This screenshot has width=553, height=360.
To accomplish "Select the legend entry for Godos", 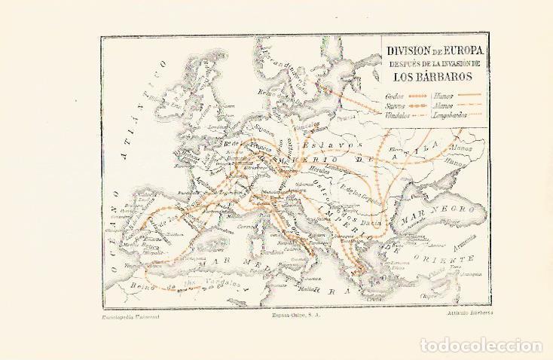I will click(394, 96).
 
